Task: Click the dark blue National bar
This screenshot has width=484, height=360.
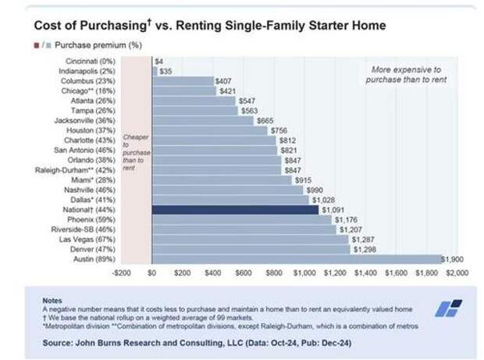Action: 235,209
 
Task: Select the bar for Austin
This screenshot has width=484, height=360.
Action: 297,259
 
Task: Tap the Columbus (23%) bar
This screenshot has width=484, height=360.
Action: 183,80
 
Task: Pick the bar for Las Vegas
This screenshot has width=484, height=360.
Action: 250,239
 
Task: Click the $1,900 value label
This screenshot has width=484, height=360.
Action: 452,259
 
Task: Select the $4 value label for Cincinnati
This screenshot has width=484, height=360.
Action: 159,60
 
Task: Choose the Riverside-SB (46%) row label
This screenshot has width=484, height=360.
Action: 84,230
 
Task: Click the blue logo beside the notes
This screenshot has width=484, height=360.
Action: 448,308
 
